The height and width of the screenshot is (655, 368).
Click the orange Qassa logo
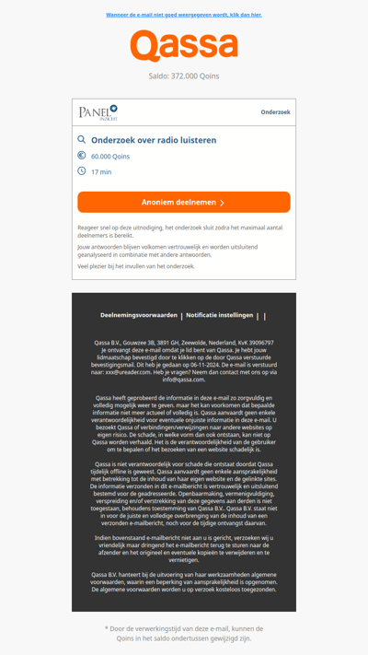tap(184, 46)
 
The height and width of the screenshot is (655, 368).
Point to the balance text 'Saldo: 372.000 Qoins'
tap(184, 76)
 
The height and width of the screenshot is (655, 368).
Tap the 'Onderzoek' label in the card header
tap(275, 112)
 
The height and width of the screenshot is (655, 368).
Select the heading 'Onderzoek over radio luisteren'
tap(154, 140)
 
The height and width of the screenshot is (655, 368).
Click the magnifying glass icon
tap(82, 140)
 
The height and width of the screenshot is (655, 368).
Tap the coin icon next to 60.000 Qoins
tap(82, 156)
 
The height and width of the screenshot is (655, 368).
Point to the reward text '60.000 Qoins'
tap(110, 157)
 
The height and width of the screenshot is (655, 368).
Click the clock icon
tap(82, 171)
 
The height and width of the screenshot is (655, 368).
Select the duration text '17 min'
tap(101, 172)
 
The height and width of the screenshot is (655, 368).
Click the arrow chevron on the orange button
tap(222, 203)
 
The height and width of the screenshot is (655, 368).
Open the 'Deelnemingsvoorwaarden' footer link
tap(139, 315)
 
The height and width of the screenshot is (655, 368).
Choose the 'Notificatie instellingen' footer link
tap(219, 315)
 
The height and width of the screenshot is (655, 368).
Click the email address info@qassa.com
tap(184, 379)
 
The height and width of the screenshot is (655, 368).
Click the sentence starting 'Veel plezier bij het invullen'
tap(136, 266)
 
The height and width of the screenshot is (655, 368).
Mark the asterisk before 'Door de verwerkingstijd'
tap(107, 629)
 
